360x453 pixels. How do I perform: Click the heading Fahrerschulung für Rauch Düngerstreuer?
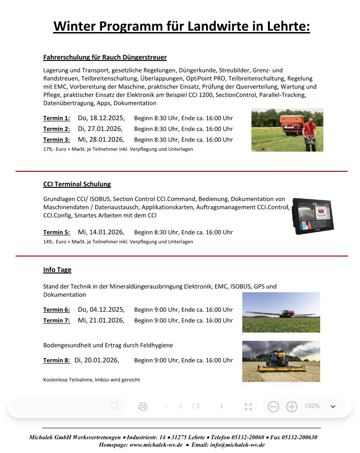(x=104, y=57)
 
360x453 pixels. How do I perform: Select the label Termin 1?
(x=56, y=118)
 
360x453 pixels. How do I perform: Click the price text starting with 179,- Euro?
(x=118, y=149)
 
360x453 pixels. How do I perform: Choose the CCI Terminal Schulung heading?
(x=77, y=184)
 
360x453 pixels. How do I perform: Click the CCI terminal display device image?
(x=313, y=216)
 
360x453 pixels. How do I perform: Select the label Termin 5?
(x=56, y=232)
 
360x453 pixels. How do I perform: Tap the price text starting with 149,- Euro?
(x=118, y=242)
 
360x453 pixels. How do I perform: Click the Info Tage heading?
(x=57, y=270)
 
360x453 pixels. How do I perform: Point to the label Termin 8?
(x=56, y=360)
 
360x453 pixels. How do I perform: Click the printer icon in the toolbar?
(x=143, y=406)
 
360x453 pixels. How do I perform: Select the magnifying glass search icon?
(x=115, y=406)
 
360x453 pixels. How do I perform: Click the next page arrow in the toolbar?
(x=222, y=406)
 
